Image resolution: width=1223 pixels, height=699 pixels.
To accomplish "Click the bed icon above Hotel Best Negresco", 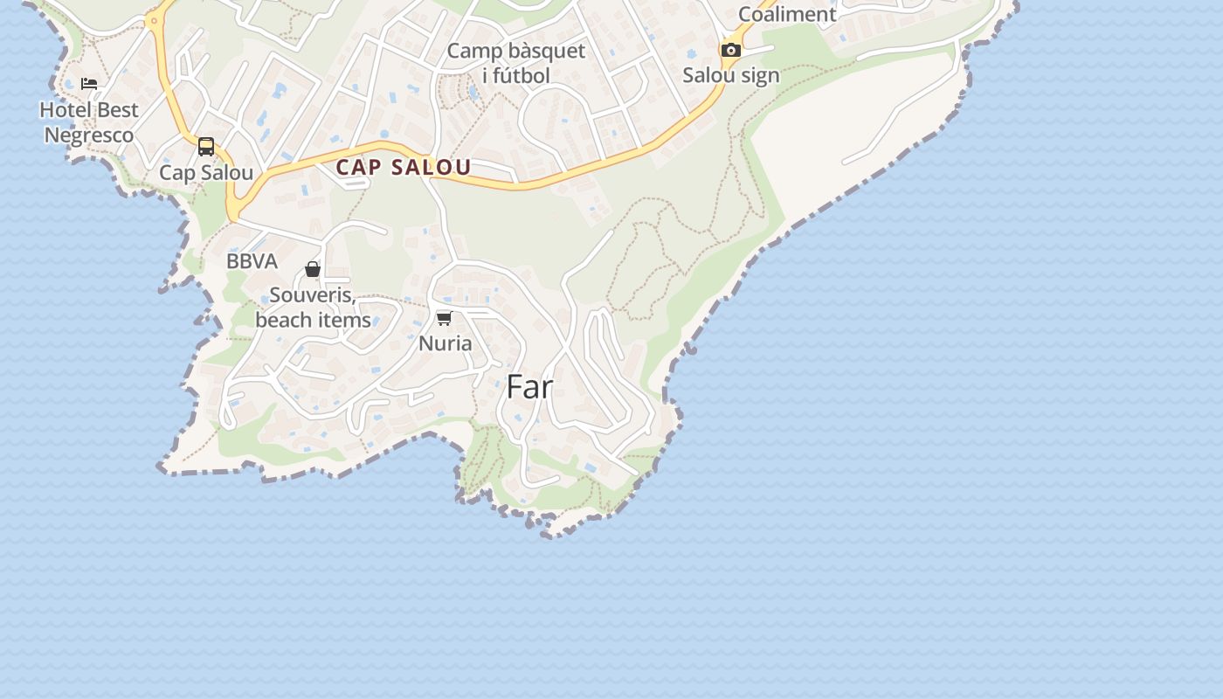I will pyautogui.click(x=89, y=84).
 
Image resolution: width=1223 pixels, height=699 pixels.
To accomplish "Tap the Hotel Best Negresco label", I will pyautogui.click(x=89, y=122).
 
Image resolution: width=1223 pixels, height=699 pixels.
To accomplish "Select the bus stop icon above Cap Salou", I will pyautogui.click(x=206, y=147).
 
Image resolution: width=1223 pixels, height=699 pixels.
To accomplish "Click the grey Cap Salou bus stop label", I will pyautogui.click(x=206, y=173).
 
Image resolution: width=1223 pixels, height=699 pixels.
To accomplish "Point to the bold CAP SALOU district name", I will pyautogui.click(x=404, y=167).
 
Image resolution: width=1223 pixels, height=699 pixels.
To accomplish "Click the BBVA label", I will pyautogui.click(x=252, y=261).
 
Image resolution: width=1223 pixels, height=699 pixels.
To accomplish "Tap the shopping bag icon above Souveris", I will pyautogui.click(x=313, y=269).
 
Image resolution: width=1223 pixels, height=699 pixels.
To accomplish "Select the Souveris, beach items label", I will pyautogui.click(x=313, y=308).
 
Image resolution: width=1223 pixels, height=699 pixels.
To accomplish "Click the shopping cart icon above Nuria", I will pyautogui.click(x=445, y=318).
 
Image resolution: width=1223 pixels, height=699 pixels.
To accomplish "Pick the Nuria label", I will pyautogui.click(x=446, y=343).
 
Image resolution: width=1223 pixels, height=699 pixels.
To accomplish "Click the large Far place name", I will pyautogui.click(x=529, y=386).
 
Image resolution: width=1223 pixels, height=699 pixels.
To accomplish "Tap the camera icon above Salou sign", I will pyautogui.click(x=731, y=50).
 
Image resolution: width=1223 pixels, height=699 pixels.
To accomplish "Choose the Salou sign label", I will pyautogui.click(x=731, y=75).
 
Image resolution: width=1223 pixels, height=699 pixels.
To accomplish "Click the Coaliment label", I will pyautogui.click(x=787, y=14).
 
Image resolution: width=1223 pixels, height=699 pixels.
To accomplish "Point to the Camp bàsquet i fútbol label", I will pyautogui.click(x=516, y=63).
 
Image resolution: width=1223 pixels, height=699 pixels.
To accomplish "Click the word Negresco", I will pyautogui.click(x=89, y=135).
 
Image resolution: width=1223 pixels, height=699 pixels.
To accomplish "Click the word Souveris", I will pyautogui.click(x=312, y=295).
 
